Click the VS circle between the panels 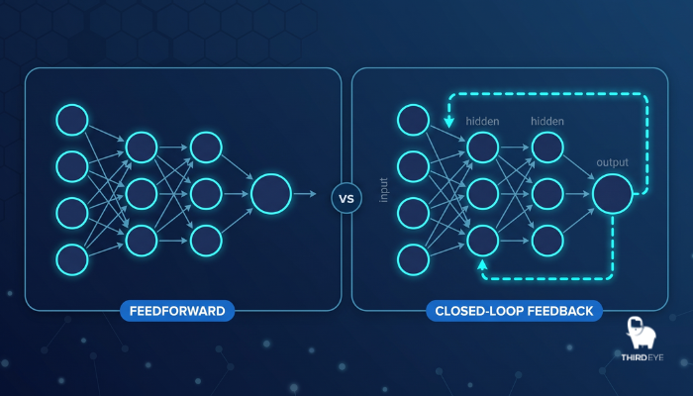click(x=346, y=198)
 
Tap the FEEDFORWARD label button click(x=177, y=311)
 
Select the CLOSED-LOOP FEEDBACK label click(x=514, y=311)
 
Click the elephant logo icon click(x=641, y=333)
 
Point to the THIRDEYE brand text click(x=643, y=357)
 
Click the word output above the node click(x=612, y=162)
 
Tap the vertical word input click(x=384, y=190)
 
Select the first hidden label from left click(x=482, y=121)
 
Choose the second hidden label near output click(x=547, y=121)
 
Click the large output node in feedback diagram click(x=613, y=194)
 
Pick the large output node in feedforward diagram click(x=271, y=194)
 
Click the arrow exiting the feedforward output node click(x=305, y=194)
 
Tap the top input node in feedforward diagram click(x=72, y=120)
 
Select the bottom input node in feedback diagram click(x=413, y=259)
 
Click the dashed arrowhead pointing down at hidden click(x=449, y=122)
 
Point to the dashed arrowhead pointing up click(x=482, y=264)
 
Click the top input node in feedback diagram click(x=413, y=120)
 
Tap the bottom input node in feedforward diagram click(x=72, y=259)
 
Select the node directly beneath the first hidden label click(x=483, y=148)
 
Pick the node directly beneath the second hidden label click(x=547, y=148)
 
